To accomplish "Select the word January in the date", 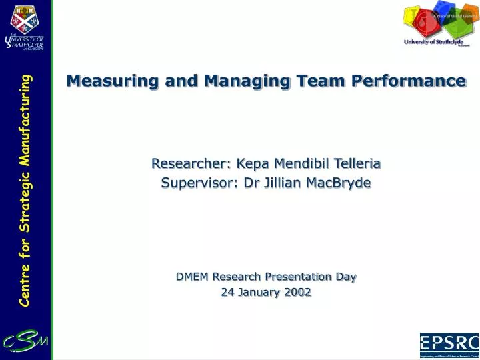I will click(257, 292).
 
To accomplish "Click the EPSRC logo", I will click(449, 345).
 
